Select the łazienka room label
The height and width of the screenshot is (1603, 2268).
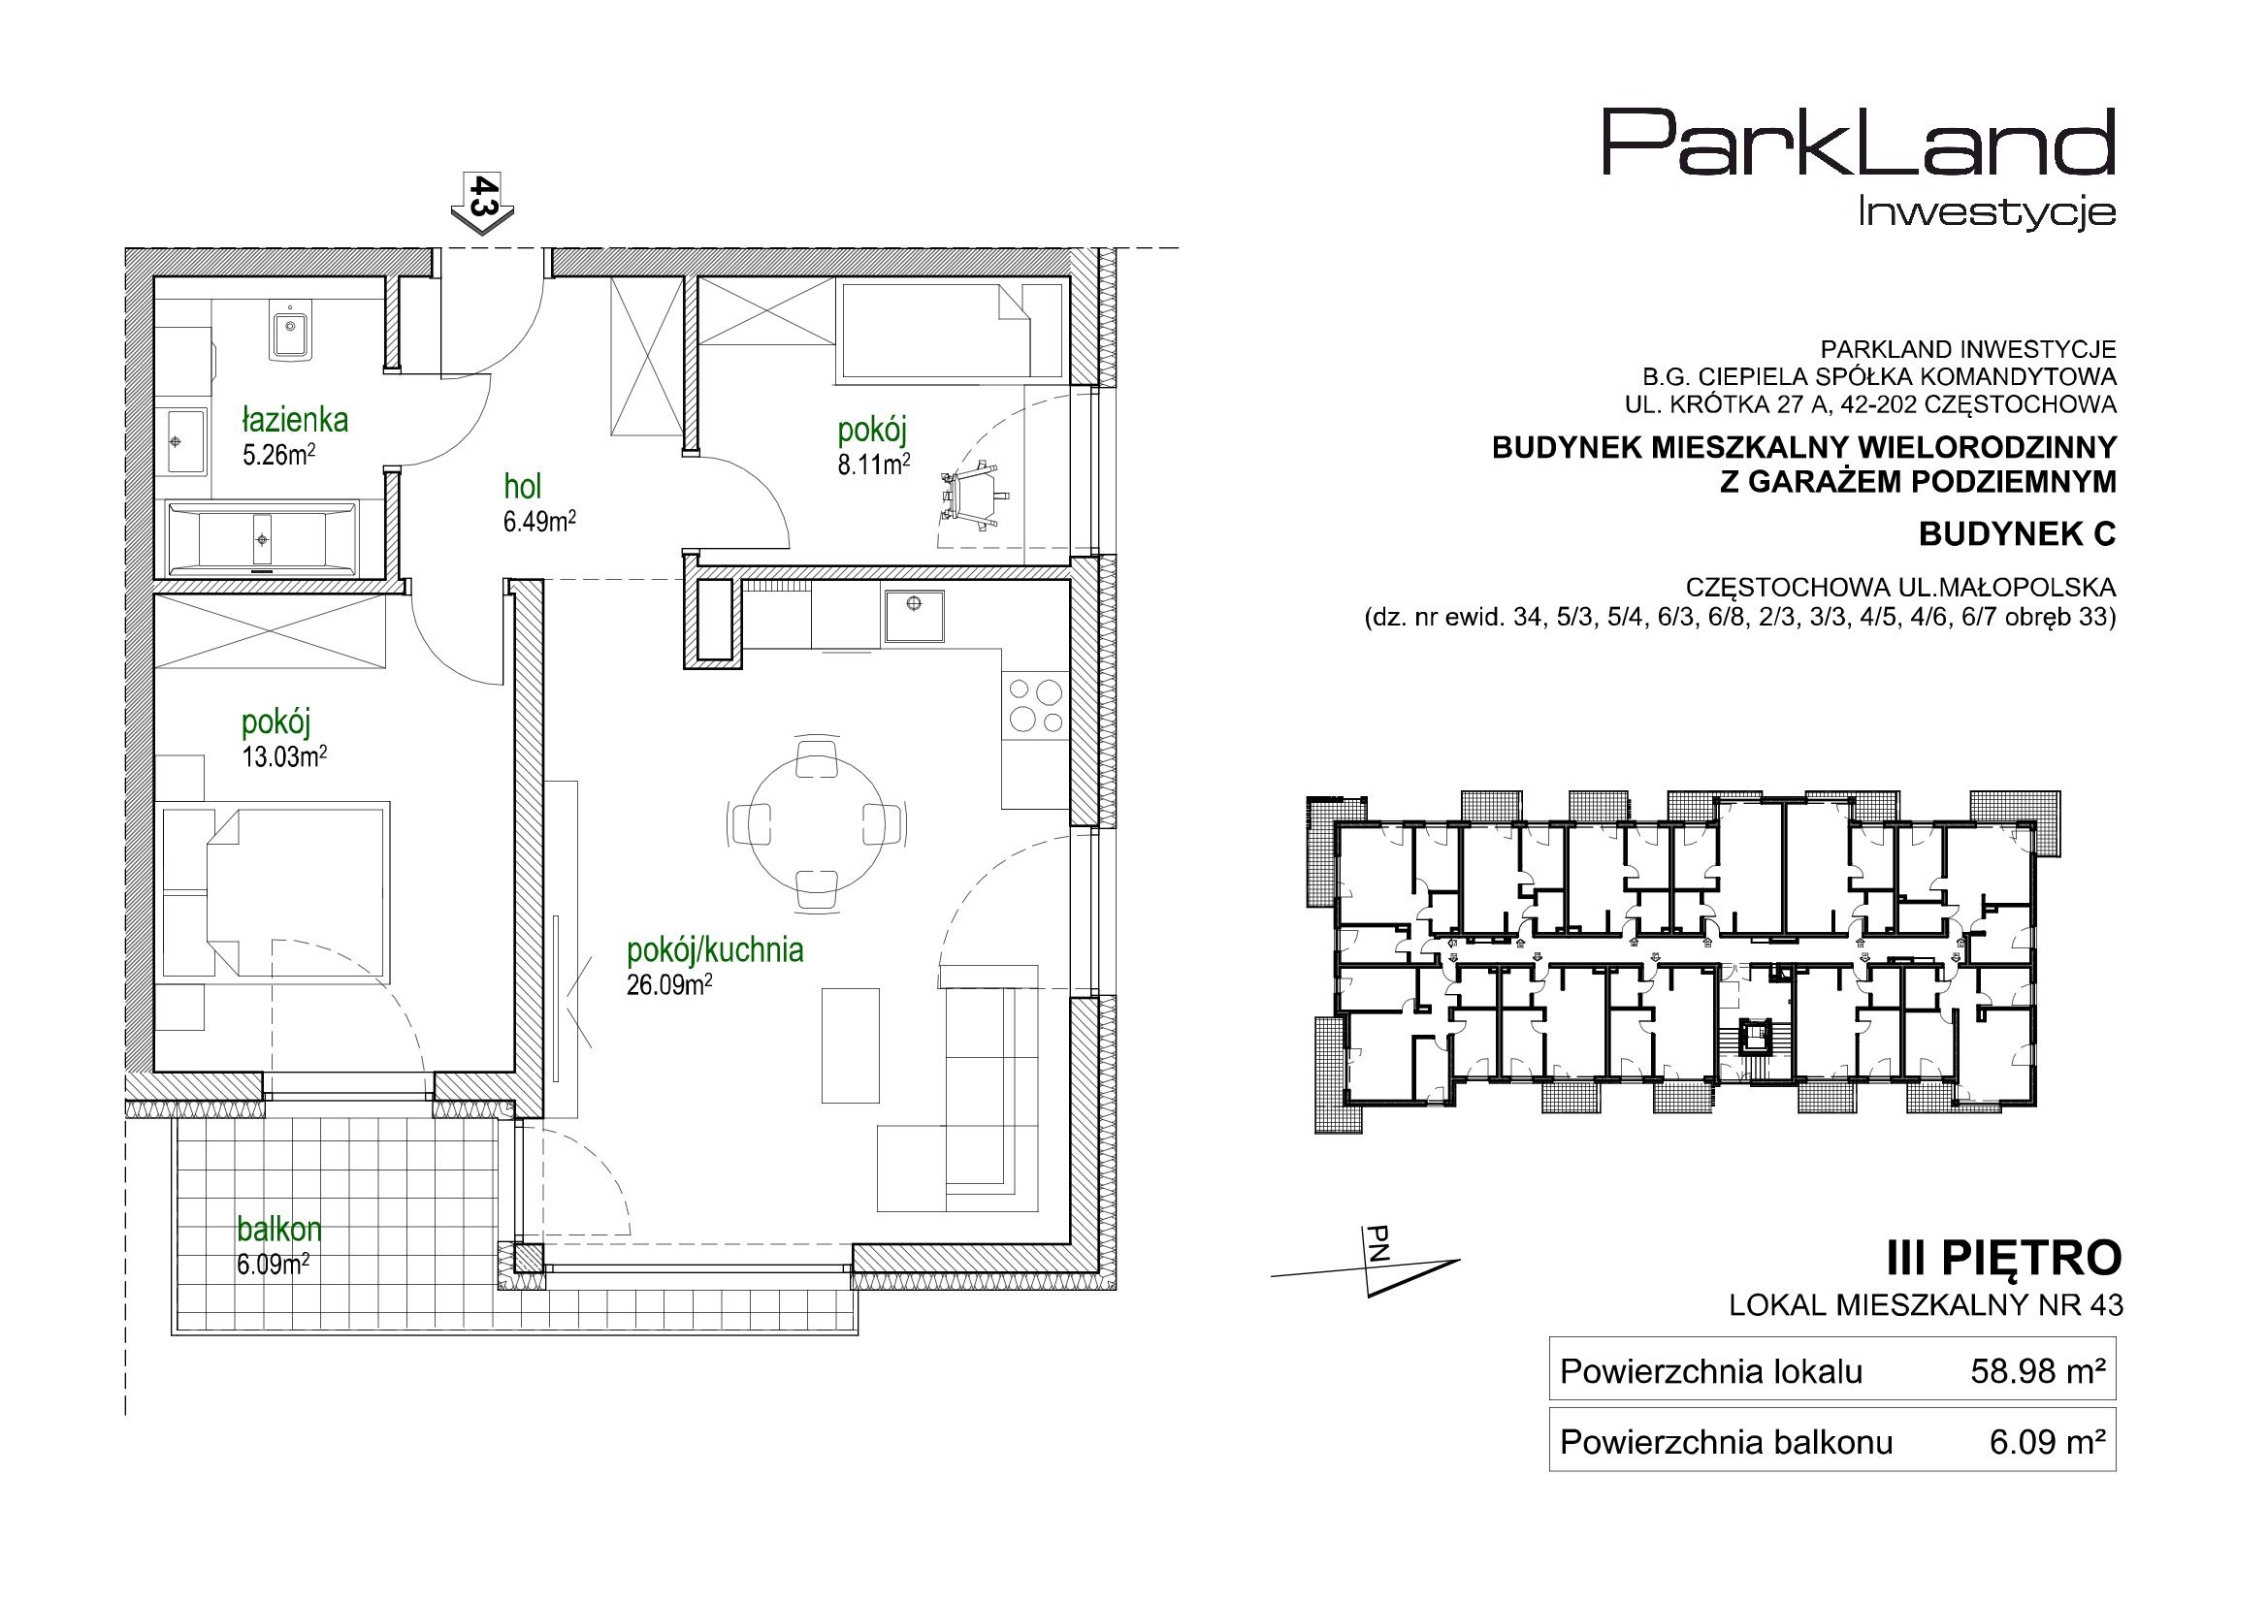[294, 421]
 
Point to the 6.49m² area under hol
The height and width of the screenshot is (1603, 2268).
[539, 522]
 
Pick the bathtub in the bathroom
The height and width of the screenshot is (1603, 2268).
[263, 539]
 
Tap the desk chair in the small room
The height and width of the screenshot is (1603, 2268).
[974, 497]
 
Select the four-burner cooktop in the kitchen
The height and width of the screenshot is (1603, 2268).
[1035, 705]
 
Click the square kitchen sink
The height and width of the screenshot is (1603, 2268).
[915, 618]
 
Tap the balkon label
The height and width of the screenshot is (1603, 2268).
[279, 1230]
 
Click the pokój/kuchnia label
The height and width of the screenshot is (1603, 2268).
[715, 950]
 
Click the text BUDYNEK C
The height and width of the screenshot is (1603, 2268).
[2017, 534]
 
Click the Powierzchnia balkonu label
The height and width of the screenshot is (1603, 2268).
[1726, 1443]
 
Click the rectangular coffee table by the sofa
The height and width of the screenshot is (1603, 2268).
[851, 1047]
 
